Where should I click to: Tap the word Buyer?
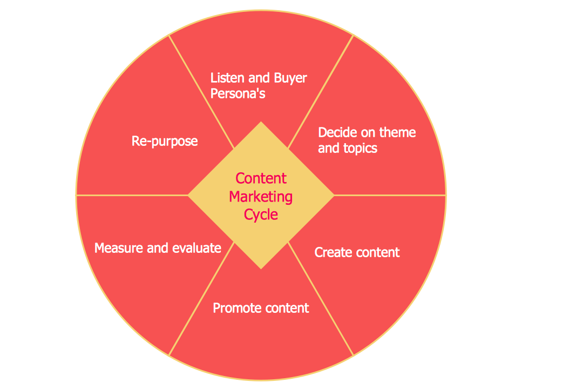coord(290,78)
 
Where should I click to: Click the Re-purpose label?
coord(165,142)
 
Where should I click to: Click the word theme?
coord(397,132)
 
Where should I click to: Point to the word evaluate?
coord(196,248)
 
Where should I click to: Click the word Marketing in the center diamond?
coord(261,197)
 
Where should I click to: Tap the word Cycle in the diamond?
coord(261,214)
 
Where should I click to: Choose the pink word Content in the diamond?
coord(261,178)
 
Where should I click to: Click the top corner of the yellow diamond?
coord(261,123)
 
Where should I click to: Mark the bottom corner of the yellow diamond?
coord(261,267)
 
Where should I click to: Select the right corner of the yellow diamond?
coord(333,194)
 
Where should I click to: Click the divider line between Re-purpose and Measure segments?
coord(132,194)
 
